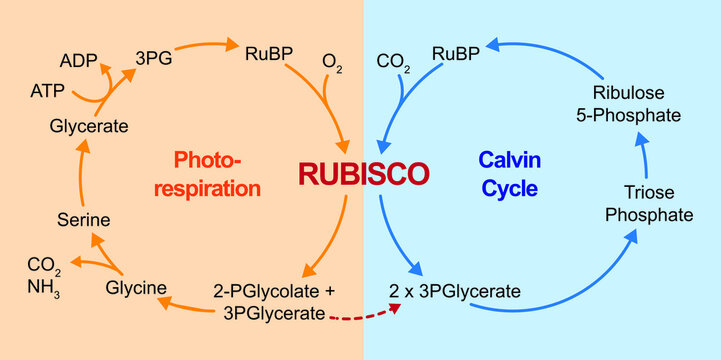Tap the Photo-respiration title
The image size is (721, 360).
[x=217, y=173]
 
